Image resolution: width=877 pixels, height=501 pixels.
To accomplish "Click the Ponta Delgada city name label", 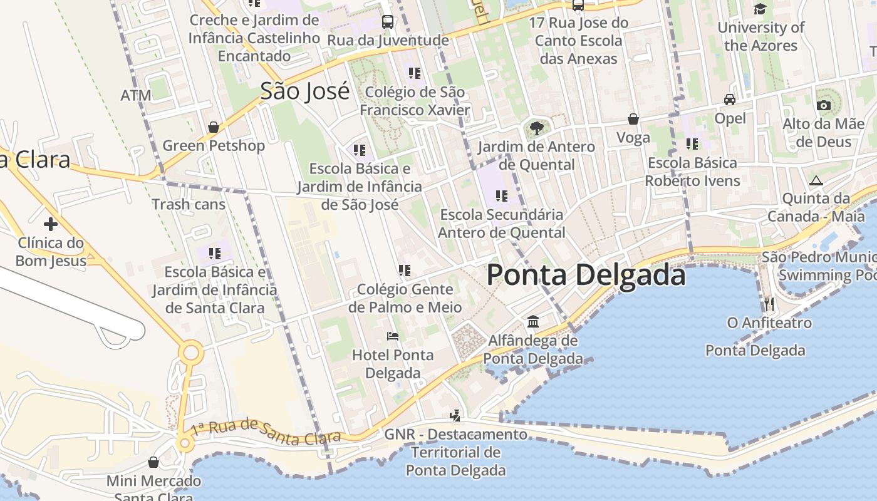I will click(586, 276).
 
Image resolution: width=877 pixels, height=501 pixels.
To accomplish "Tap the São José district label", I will click(304, 91).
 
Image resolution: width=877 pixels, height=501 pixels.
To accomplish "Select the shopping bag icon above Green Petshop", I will click(214, 127).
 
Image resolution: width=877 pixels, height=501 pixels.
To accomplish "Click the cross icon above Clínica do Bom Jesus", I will click(51, 224).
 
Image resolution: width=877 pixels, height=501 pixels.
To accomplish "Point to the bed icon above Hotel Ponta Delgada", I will click(393, 336).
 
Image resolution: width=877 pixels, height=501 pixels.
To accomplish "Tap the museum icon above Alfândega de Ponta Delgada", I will click(533, 321).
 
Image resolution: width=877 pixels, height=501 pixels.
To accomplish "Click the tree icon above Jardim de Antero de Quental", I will click(536, 128).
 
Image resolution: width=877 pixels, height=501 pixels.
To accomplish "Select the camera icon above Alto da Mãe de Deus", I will click(824, 105).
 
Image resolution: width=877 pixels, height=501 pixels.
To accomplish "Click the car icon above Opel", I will click(730, 100).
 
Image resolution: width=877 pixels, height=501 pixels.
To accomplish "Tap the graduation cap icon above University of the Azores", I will click(760, 9).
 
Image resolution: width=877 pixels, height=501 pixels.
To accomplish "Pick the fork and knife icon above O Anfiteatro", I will click(769, 304).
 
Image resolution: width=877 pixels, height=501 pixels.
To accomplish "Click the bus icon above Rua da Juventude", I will click(388, 22).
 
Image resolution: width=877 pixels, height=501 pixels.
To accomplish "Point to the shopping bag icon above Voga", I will click(633, 119).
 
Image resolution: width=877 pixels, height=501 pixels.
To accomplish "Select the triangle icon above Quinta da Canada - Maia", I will click(816, 181).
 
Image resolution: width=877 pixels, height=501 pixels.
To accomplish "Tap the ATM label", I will click(136, 96).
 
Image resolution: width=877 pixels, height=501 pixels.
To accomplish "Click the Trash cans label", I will click(189, 204).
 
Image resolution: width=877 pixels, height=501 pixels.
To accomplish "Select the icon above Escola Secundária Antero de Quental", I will click(501, 196).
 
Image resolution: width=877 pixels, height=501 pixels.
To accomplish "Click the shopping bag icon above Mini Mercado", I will click(153, 462).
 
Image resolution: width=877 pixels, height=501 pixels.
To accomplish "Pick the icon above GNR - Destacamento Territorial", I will click(455, 415).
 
